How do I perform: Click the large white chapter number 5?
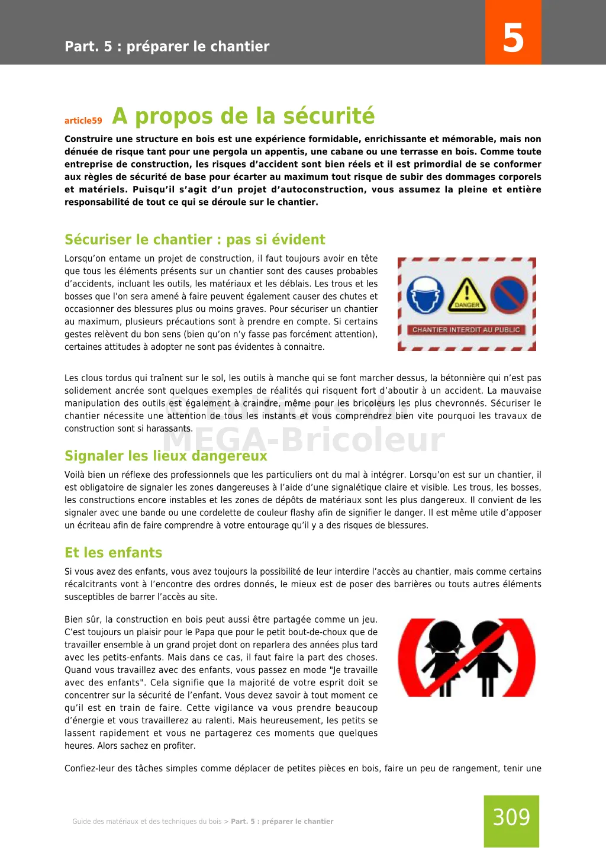point(513,38)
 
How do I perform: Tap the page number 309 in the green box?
point(511,817)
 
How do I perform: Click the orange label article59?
point(83,121)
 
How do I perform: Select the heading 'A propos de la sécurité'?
point(243,116)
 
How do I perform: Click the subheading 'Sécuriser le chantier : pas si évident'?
point(195,240)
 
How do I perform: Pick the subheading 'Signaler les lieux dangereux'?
point(166,456)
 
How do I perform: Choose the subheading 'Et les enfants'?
point(113,553)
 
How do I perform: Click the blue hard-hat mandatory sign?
point(426,295)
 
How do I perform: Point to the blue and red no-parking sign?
point(508,295)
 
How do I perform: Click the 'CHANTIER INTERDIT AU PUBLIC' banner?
point(466,330)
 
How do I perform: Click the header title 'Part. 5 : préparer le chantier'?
point(167,47)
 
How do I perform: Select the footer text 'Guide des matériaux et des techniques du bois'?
point(147,822)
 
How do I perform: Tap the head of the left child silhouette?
point(444,635)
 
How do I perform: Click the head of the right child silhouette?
point(488,635)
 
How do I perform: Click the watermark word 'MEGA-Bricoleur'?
point(303,440)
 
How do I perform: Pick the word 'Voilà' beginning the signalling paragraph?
point(75,475)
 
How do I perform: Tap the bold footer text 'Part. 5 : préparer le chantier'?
point(282,822)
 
